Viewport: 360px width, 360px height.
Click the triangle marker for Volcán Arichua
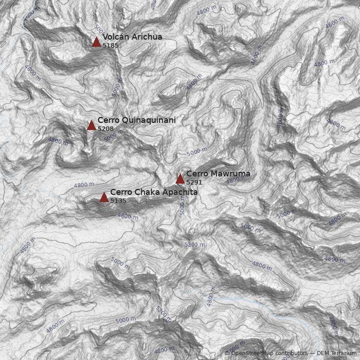tap(96, 42)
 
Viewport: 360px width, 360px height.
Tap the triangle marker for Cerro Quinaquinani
tap(91, 125)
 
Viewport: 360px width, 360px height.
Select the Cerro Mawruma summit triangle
tap(180, 179)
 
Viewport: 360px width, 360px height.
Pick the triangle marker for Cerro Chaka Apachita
tap(104, 197)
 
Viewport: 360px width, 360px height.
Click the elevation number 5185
tap(111, 45)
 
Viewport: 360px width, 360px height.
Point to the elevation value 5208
tap(106, 129)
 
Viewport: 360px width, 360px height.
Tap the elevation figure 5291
tap(194, 182)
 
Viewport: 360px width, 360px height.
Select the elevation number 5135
tap(118, 201)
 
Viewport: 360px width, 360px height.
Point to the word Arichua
tap(147, 37)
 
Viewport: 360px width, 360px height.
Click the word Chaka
tap(145, 192)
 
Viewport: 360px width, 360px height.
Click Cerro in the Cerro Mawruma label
tap(197, 174)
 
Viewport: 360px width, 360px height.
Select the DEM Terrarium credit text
tap(336, 353)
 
